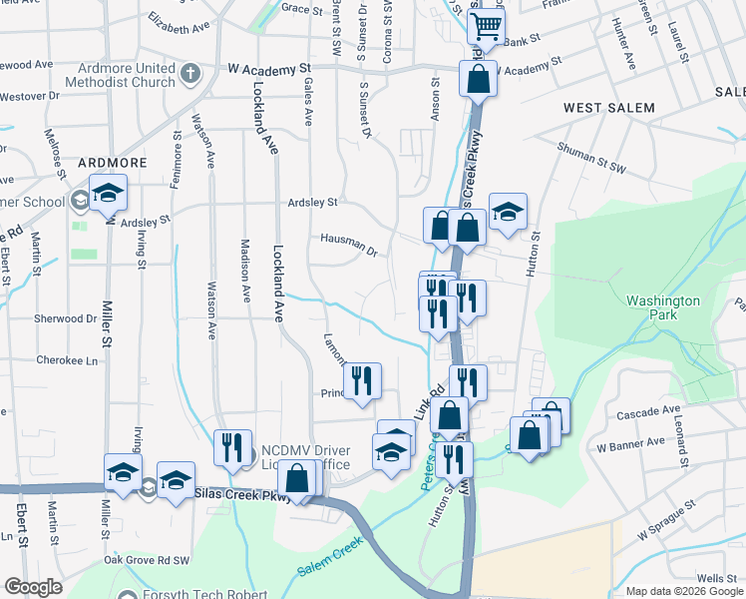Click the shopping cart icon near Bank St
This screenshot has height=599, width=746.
(x=486, y=25)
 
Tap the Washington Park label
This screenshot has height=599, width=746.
(x=663, y=307)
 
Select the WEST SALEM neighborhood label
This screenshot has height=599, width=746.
(x=608, y=108)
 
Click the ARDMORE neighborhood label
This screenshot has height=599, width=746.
(x=113, y=162)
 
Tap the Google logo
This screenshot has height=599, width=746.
(x=33, y=587)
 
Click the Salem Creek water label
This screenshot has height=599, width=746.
(x=328, y=569)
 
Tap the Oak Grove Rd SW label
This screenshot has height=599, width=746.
(x=147, y=560)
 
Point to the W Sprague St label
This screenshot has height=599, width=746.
(x=663, y=524)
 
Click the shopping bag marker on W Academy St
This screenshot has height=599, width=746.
(x=478, y=79)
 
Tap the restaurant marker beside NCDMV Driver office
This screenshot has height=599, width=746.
(x=232, y=448)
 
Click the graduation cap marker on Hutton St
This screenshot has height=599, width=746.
(x=508, y=211)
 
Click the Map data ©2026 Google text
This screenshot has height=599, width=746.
(x=682, y=591)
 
